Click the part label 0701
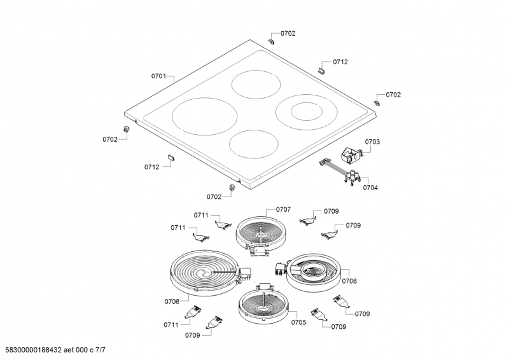click(x=158, y=76)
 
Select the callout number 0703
click(x=372, y=142)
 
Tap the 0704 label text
click(x=370, y=188)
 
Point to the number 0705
click(x=298, y=322)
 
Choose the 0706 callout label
click(x=349, y=281)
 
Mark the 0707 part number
click(x=283, y=210)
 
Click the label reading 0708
click(x=172, y=302)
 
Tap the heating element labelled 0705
click(x=263, y=303)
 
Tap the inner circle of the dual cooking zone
click(x=307, y=112)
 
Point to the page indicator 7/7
click(x=101, y=350)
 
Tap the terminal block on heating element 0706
click(x=279, y=270)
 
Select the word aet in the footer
click(x=69, y=350)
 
